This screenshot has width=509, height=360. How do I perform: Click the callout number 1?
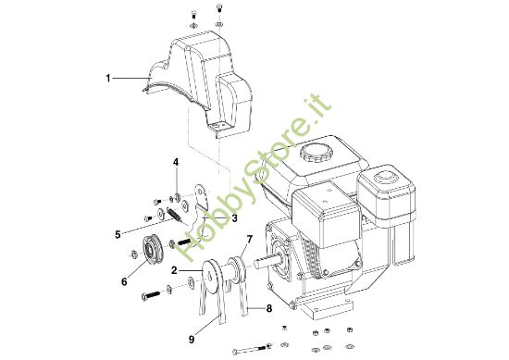(x=107, y=80)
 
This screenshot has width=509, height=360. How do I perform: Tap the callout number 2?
(x=174, y=270)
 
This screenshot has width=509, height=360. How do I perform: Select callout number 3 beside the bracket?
(x=235, y=218)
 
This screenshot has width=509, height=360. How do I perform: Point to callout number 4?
(x=176, y=164)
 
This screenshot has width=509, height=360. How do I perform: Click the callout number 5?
(x=118, y=235)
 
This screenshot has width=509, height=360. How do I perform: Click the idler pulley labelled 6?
(x=147, y=250)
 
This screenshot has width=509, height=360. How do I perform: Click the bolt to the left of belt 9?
(x=153, y=295)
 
